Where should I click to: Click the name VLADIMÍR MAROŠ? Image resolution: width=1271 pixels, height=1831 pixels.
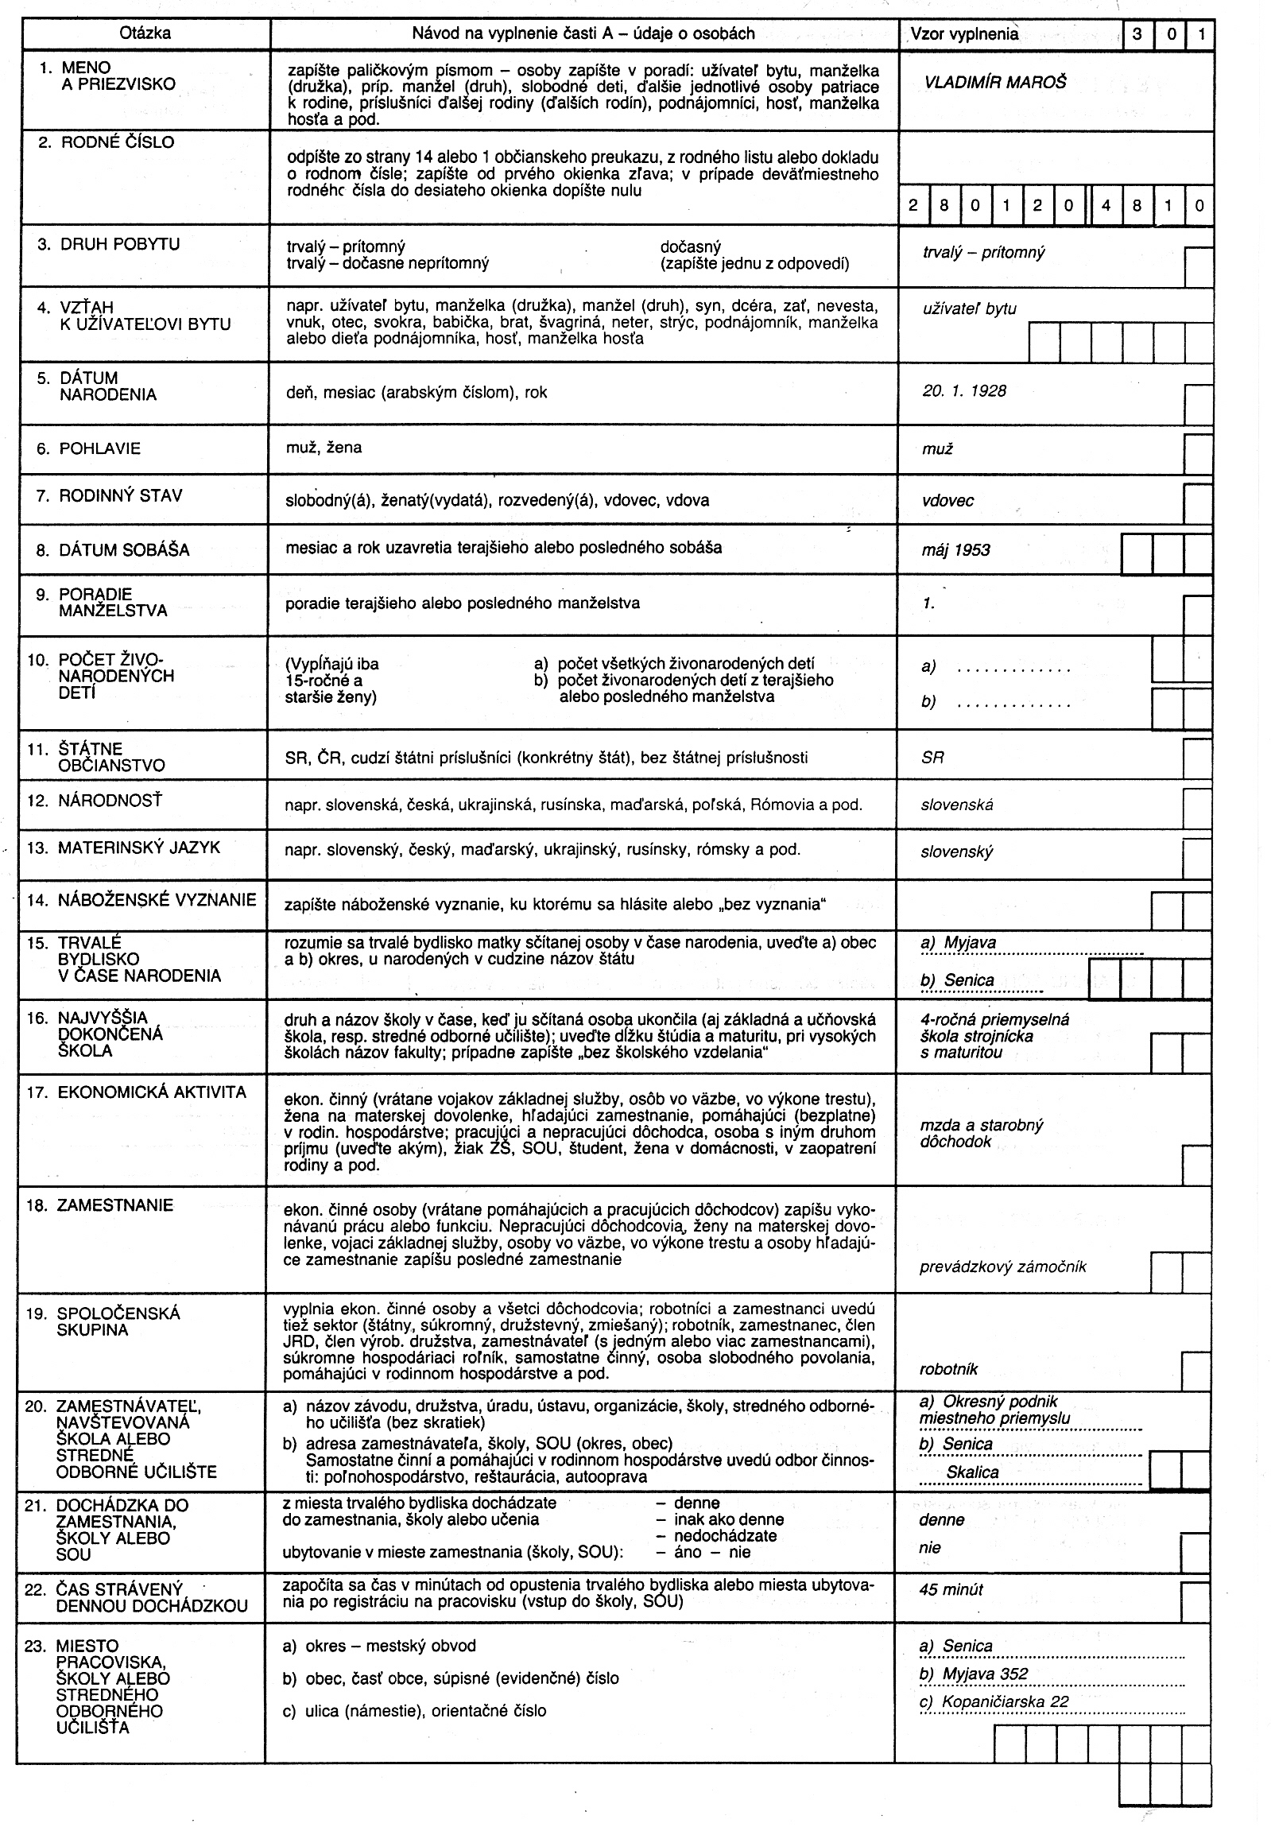point(994,83)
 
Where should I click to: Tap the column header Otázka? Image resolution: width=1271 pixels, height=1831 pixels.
point(145,33)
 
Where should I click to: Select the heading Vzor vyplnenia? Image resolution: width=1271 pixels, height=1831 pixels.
point(964,34)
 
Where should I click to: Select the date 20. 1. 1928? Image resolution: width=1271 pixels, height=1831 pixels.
point(964,391)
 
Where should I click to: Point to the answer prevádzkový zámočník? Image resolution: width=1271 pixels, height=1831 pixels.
point(1002,1267)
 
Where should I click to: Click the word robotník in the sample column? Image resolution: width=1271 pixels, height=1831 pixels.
point(948,1368)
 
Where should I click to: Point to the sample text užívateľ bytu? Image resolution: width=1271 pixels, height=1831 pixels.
point(969,309)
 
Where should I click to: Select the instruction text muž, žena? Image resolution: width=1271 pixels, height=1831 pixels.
point(324,448)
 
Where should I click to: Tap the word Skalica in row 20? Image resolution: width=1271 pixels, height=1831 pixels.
point(971,1472)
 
